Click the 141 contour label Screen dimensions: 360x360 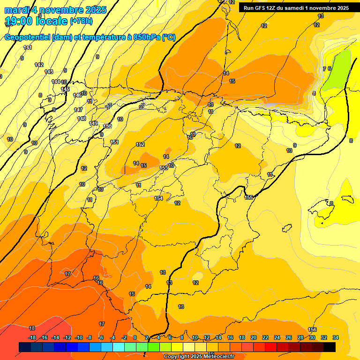pyautogui.click(x=28, y=47)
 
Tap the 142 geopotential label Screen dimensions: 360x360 pyautogui.click(x=39, y=65)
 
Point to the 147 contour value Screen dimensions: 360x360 pyautogui.click(x=78, y=110)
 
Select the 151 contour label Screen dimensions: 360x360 pyautogui.click(x=114, y=142)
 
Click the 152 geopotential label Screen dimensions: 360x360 pyautogui.click(x=140, y=144)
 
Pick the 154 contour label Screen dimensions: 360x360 pyautogui.click(x=159, y=198)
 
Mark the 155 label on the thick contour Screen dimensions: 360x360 pyautogui.click(x=249, y=197)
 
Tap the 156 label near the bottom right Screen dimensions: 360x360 pyautogui.click(x=313, y=330)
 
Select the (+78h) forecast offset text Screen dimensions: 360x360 pyautogui.click(x=81, y=21)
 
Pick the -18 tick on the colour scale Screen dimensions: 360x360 pyautogui.click(x=32, y=337)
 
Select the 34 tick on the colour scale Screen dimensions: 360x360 pyautogui.click(x=336, y=337)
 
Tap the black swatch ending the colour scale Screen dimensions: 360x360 pyautogui.click(x=330, y=347)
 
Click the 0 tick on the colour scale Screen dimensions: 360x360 pyautogui.click(x=135, y=337)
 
